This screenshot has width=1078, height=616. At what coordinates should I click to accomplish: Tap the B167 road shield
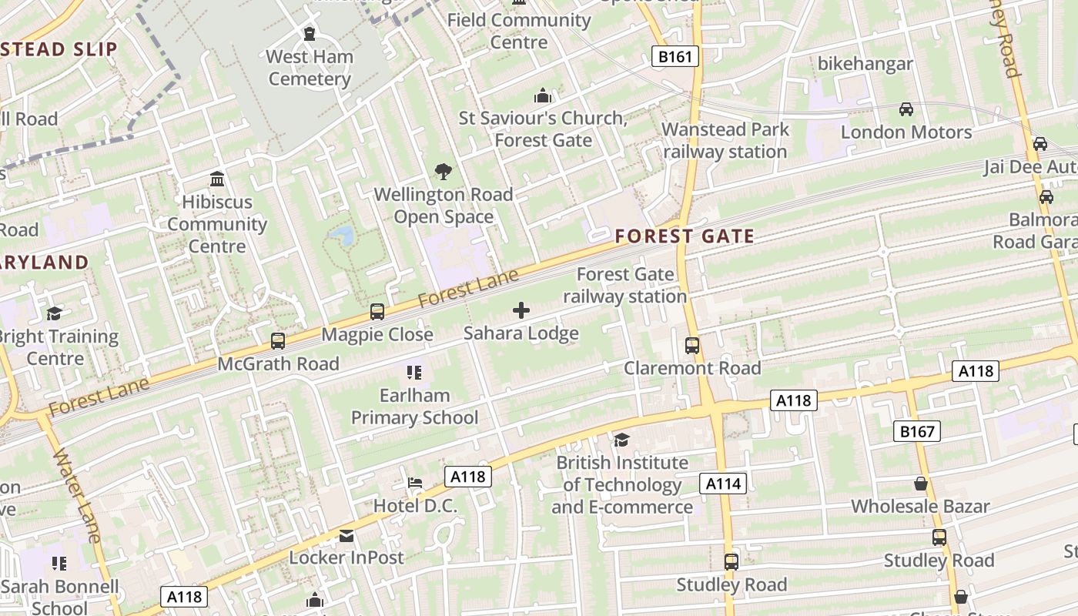(917, 431)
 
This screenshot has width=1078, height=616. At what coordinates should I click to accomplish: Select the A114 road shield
(723, 484)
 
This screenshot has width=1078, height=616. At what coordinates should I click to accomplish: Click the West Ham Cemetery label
(310, 68)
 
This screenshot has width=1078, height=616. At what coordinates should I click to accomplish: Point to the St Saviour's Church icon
(543, 96)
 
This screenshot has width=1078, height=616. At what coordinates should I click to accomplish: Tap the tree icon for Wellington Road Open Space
(443, 172)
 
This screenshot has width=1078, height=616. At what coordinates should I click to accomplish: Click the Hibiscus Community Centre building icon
(217, 179)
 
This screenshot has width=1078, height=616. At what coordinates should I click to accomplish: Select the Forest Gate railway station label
(624, 285)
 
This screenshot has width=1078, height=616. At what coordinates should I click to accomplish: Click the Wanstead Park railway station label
(725, 140)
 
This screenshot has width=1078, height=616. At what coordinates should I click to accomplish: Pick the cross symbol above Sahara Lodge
(521, 310)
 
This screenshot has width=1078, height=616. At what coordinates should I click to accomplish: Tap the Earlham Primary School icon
(414, 373)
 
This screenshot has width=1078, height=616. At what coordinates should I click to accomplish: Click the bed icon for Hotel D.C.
(415, 484)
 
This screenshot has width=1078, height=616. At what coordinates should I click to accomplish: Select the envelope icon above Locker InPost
(346, 535)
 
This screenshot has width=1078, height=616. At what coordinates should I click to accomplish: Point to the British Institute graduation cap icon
(621, 440)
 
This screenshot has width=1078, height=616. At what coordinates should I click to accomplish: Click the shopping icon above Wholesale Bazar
(920, 484)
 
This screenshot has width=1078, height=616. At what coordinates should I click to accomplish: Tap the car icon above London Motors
(906, 109)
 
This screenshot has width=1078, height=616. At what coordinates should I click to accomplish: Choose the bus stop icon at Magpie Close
(377, 312)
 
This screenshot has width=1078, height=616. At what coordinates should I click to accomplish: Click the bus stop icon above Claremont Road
(692, 346)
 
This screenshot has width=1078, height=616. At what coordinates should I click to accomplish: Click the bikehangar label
(865, 64)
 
